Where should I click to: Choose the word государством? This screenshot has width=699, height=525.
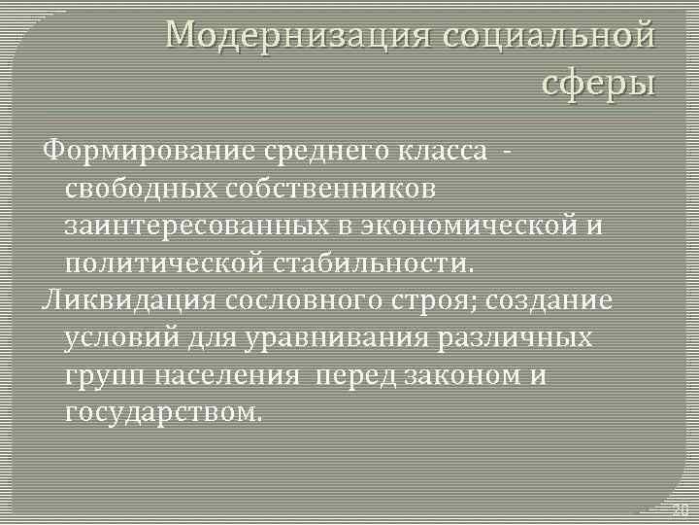click(163, 410)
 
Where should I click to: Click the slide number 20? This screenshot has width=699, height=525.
click(680, 509)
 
